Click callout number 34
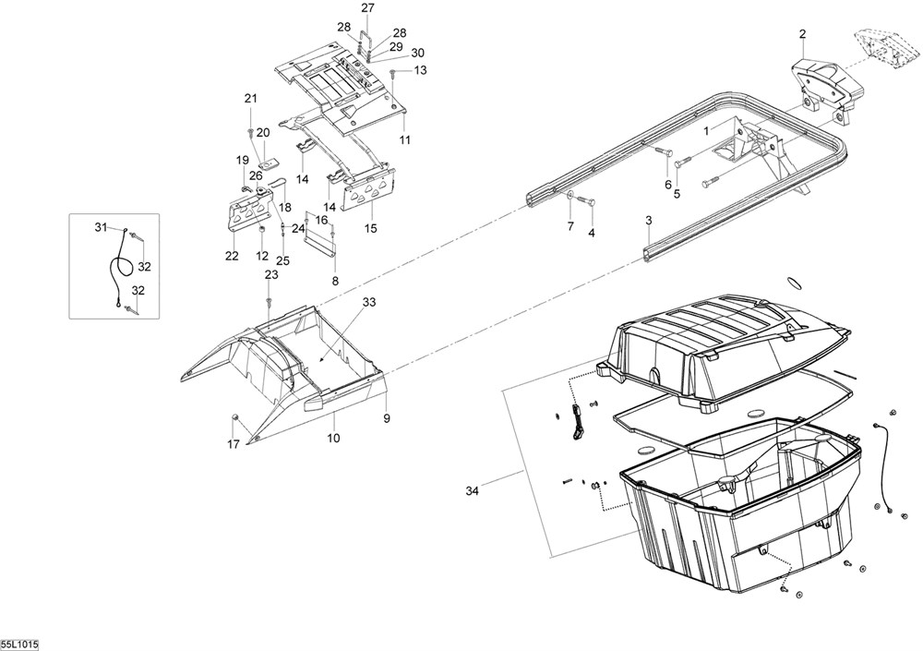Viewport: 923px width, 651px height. click(473, 490)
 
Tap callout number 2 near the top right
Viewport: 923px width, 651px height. click(802, 34)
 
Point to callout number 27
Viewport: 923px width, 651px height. click(368, 8)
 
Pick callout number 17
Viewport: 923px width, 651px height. click(234, 444)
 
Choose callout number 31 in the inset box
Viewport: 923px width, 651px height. click(101, 227)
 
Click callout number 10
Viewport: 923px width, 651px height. click(333, 438)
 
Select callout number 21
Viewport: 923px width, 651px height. click(250, 99)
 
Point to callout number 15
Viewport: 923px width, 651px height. click(371, 227)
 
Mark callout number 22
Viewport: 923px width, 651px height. click(231, 256)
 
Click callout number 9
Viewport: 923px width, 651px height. click(387, 418)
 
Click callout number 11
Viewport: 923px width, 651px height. click(405, 139)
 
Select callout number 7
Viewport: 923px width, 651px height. click(569, 226)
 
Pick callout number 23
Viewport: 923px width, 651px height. click(270, 275)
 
